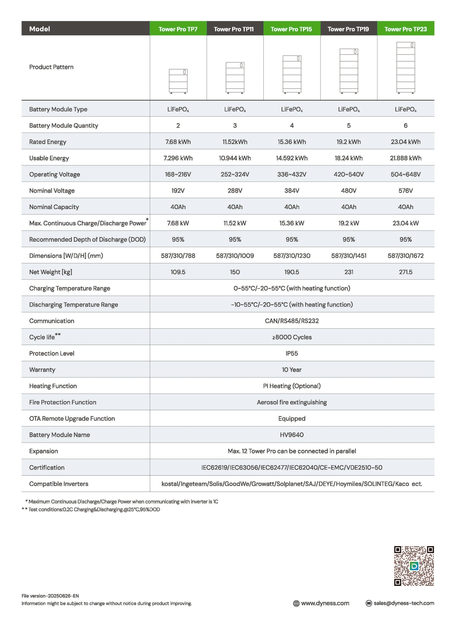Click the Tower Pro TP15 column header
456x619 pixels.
pos(291,29)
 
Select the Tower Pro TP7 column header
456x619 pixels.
pos(178,29)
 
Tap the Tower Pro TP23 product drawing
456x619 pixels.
pos(406,68)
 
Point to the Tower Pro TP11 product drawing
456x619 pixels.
pos(235,78)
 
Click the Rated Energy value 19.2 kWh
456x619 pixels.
pos(349,142)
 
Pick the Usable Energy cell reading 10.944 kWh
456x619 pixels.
pos(235,158)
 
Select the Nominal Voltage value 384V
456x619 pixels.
pos(292,191)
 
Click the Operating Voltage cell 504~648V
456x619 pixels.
pos(406,174)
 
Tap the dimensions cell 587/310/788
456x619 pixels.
pos(178,256)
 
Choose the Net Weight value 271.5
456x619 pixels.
pos(406,272)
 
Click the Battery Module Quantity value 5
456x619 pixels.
pos(349,126)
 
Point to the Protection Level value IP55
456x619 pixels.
pos(292,354)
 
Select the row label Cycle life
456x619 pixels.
pos(42,337)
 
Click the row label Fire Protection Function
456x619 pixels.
pos(62,402)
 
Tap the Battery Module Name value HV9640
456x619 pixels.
pos(292,435)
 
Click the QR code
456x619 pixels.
pos(414,566)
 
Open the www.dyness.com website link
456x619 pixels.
pos(325,603)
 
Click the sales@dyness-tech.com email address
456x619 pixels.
pos(404,603)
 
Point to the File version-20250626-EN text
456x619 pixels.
pos(50,596)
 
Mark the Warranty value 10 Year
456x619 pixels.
pos(292,370)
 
